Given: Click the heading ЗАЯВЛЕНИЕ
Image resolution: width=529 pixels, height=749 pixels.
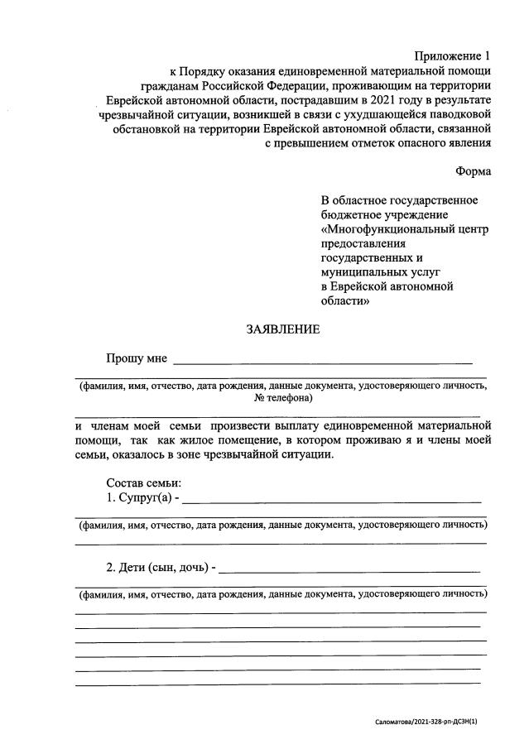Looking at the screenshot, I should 282,329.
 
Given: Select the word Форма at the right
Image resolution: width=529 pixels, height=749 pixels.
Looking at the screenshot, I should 473,171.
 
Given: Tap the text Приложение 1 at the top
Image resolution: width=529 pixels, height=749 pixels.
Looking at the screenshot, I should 452,56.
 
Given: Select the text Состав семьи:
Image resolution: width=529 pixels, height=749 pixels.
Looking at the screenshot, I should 143,483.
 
